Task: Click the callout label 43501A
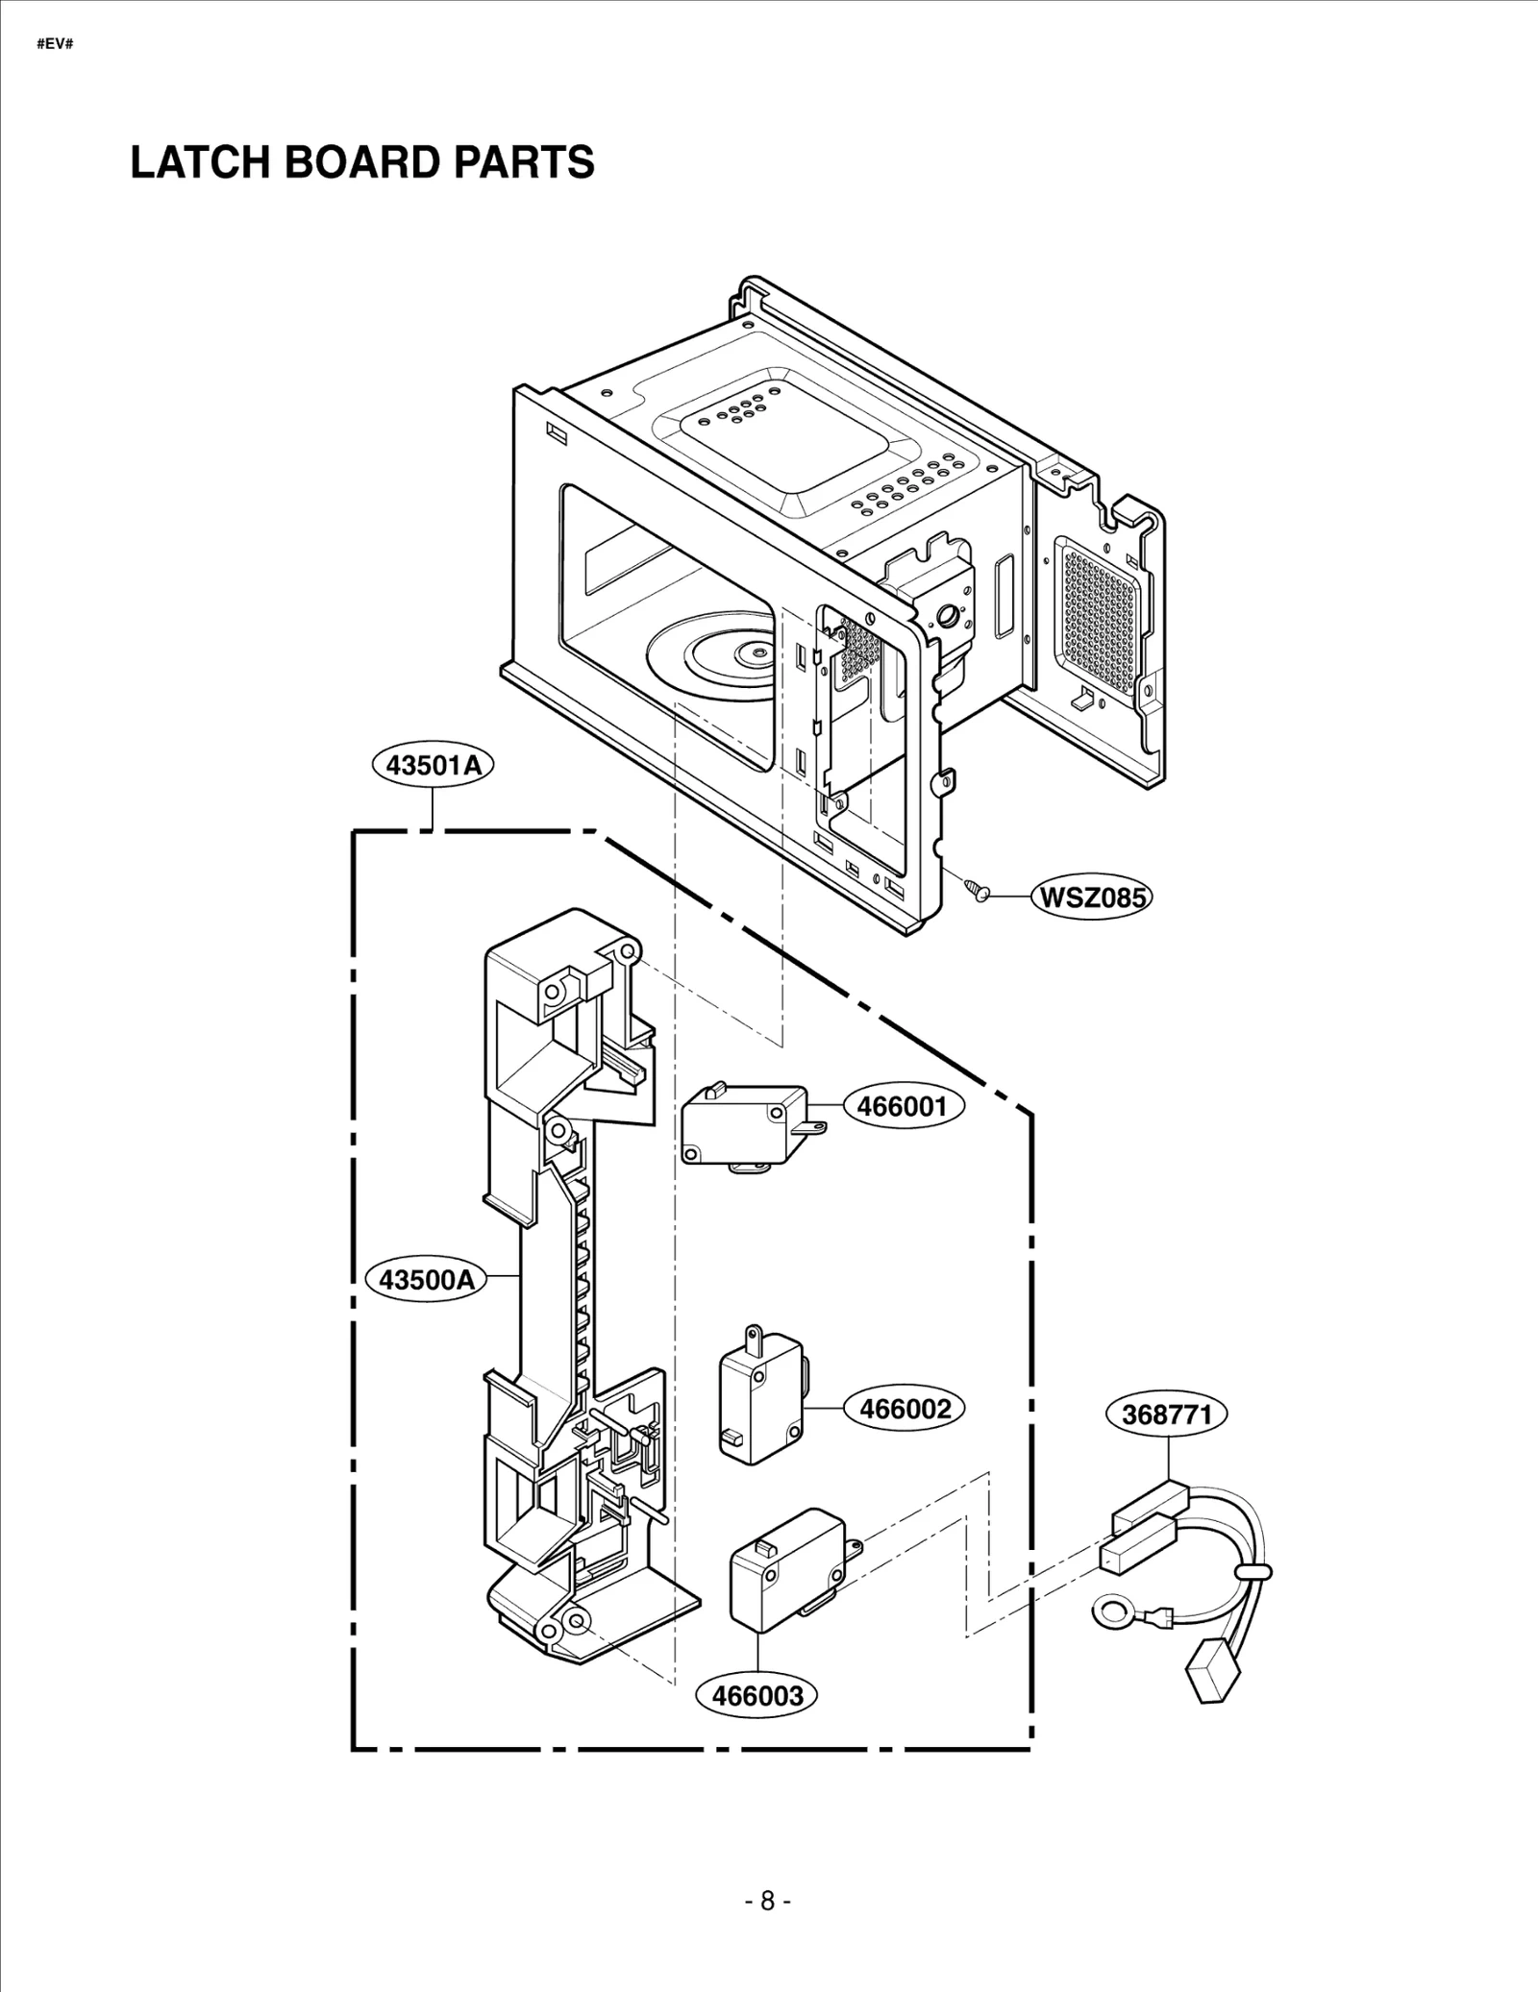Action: [433, 766]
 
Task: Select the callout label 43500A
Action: [427, 1280]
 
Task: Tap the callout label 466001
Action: [903, 1106]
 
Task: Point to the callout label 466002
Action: [905, 1409]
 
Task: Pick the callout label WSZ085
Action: [1092, 898]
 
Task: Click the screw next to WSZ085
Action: [977, 889]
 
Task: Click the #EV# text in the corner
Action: [55, 45]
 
